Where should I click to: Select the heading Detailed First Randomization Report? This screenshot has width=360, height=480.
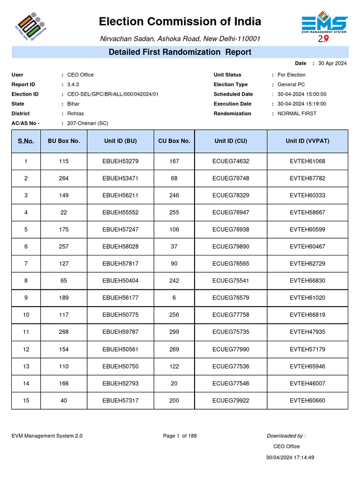180,52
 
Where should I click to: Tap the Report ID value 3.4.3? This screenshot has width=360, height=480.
73,84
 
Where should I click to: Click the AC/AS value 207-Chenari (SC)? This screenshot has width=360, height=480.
88,123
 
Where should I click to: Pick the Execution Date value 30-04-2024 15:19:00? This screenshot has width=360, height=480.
302,104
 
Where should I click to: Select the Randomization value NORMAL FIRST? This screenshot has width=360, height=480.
297,113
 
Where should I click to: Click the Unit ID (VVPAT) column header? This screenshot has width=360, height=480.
307,141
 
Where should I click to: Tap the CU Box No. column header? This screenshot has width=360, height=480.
174,141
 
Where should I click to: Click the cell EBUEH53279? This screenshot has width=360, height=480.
120,161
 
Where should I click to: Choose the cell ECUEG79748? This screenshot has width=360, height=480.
231,178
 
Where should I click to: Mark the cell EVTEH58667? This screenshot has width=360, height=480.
307,212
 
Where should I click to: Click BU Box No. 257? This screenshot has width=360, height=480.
64,247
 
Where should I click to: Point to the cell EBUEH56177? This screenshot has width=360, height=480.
120,298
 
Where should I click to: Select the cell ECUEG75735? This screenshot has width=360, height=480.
231,332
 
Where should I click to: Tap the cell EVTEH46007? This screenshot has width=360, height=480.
307,383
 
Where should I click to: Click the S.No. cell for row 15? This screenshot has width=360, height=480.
26,400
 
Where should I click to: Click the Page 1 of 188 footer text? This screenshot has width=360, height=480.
180,436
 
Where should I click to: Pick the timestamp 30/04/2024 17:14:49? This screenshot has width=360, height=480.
290,457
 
